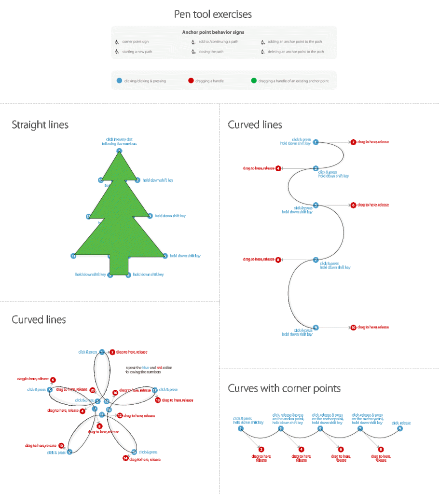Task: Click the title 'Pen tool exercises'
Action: click(213, 14)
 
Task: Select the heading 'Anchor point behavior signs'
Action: click(213, 32)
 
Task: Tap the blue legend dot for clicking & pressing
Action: click(119, 81)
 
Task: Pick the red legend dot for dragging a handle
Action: click(191, 81)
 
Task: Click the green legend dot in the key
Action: click(254, 81)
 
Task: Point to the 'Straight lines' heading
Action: click(40, 125)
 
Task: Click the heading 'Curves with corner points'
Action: click(284, 388)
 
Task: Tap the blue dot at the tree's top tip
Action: click(119, 151)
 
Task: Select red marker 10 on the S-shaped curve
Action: click(354, 328)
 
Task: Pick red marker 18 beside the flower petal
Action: click(158, 400)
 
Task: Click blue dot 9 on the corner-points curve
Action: click(399, 428)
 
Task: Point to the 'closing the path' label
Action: click(211, 52)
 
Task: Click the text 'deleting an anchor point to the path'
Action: click(296, 52)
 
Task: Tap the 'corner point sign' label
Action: click(136, 42)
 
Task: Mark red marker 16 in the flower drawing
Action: click(115, 393)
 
